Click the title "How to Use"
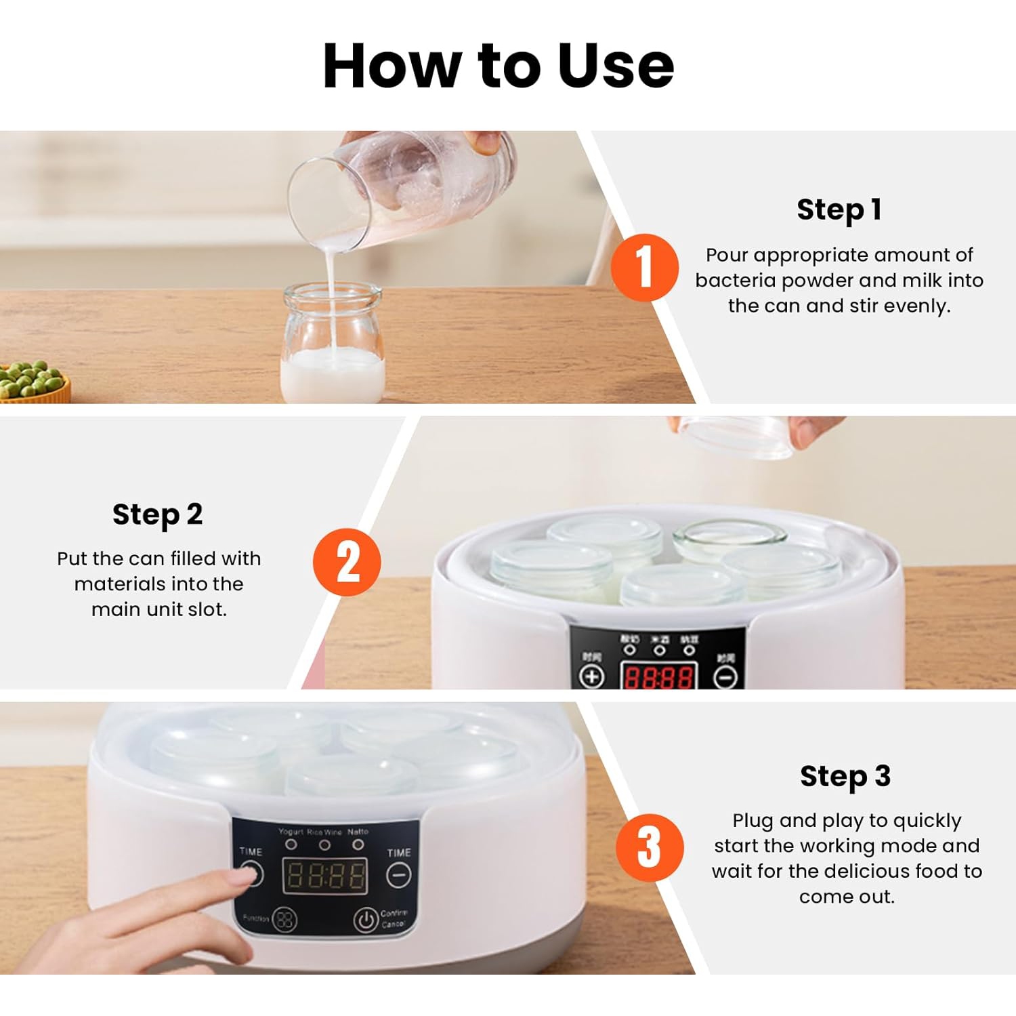coord(499,66)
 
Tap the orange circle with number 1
coord(644,268)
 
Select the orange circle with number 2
coord(347,563)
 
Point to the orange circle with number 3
coord(649,847)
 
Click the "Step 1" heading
coord(839,209)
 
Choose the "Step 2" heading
coord(157,514)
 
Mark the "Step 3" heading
coord(845,776)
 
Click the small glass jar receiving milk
coord(333,346)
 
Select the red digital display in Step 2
coord(658,676)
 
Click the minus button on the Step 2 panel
coord(725,676)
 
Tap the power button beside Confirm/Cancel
coord(366,920)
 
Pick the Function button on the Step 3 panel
coord(284,919)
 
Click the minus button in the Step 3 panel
coord(398,876)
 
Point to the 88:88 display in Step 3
coord(325,876)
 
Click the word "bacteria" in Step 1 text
coord(736,281)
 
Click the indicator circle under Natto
coord(358,845)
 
